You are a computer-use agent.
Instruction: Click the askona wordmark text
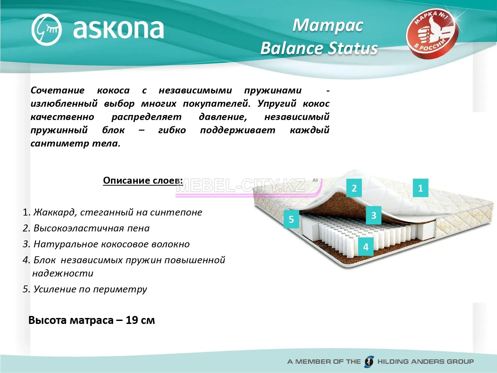[x=118, y=29]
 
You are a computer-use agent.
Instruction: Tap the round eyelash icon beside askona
[x=46, y=30]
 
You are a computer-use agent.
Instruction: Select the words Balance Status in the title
[x=319, y=48]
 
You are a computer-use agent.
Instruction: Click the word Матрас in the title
[x=328, y=26]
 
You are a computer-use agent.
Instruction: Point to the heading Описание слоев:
[x=143, y=180]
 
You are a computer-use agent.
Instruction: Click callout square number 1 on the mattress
[x=420, y=188]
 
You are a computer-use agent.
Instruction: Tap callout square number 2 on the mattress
[x=354, y=188]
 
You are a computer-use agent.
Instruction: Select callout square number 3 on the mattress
[x=374, y=215]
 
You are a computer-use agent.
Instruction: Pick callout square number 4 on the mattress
[x=366, y=246]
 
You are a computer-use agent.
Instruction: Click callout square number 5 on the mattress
[x=291, y=219]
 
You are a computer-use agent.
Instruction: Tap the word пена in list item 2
[x=138, y=228]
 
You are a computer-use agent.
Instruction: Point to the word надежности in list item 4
[x=63, y=273]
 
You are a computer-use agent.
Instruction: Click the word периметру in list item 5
[x=120, y=289]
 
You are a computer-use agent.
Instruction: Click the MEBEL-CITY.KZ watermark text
[x=241, y=186]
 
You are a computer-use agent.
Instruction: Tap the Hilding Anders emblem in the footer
[x=369, y=361]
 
